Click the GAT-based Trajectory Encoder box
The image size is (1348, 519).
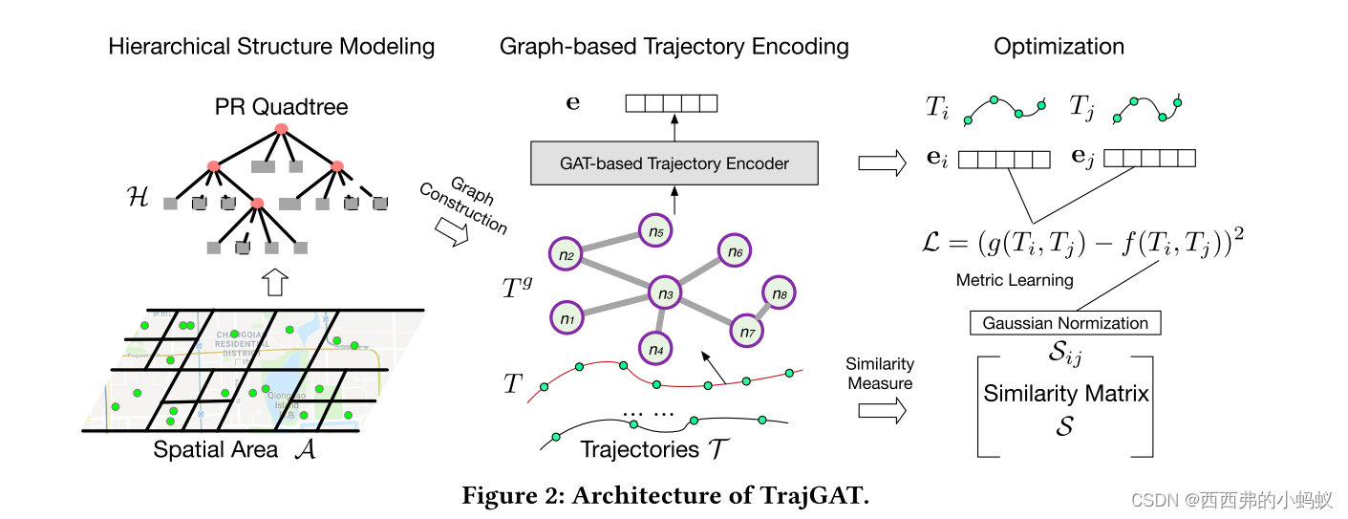[x=674, y=163]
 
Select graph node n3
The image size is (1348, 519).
[x=665, y=294]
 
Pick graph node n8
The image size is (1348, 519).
[x=779, y=293]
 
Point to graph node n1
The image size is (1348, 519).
[x=567, y=316]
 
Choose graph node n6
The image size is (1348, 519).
[x=734, y=251]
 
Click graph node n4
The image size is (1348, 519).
[x=655, y=349]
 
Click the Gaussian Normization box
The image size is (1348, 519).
[x=1065, y=323]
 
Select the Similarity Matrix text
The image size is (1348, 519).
[x=1065, y=393]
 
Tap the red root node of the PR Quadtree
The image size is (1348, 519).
[x=281, y=128]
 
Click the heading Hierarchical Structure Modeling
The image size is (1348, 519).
[x=271, y=46]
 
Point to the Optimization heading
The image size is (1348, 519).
[x=1059, y=46]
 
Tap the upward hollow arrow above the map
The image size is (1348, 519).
[x=274, y=282]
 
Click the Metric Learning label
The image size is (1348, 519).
[x=1015, y=280]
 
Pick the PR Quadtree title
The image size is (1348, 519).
[x=281, y=106]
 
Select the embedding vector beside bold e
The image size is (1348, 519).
[x=671, y=103]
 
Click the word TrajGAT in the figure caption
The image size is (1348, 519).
[x=821, y=496]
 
